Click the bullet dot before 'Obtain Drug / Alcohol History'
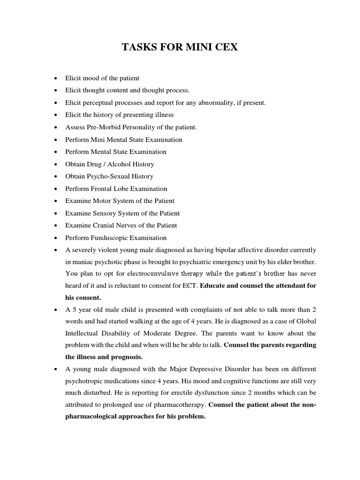click(x=56, y=164)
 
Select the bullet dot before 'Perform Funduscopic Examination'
click(x=56, y=238)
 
